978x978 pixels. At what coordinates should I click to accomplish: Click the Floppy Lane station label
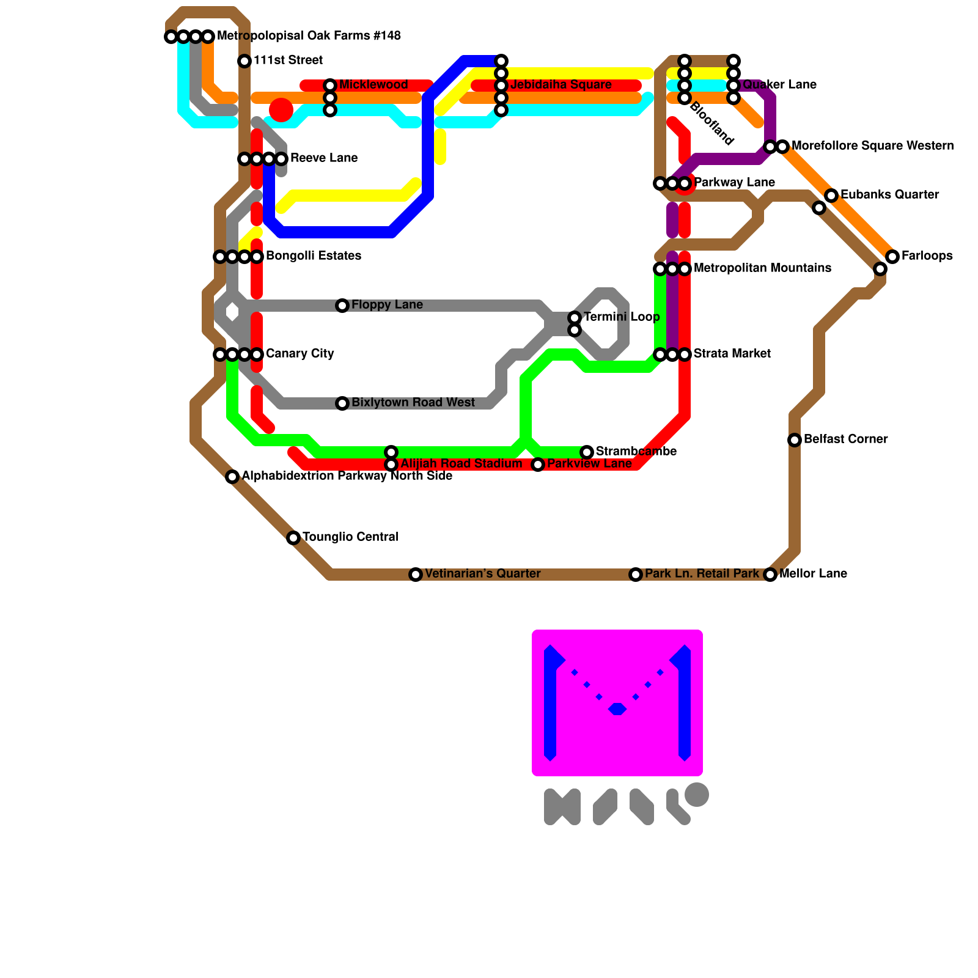click(x=387, y=305)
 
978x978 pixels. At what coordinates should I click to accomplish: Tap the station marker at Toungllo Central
click(x=293, y=538)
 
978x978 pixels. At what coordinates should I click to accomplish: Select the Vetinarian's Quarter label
click(x=482, y=574)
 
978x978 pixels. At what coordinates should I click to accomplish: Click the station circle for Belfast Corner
click(x=795, y=440)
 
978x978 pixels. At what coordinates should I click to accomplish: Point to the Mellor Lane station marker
click(x=770, y=575)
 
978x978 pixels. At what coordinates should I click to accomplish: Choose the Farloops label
click(x=927, y=256)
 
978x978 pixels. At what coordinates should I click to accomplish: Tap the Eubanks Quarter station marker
click(x=831, y=196)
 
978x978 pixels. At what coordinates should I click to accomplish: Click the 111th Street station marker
click(x=244, y=61)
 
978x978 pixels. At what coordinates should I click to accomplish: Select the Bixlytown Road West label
click(x=413, y=403)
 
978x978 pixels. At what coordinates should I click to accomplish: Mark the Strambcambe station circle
click(x=587, y=452)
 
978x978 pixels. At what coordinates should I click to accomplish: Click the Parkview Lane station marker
click(x=538, y=465)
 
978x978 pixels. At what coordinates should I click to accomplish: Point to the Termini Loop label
click(x=621, y=317)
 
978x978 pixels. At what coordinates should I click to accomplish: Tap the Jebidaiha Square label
click(x=561, y=85)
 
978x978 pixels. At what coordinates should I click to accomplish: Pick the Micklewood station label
click(x=373, y=85)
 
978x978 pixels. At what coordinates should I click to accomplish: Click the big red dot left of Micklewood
click(x=281, y=110)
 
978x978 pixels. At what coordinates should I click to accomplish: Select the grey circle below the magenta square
click(x=697, y=795)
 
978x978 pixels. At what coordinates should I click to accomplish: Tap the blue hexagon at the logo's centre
click(x=617, y=709)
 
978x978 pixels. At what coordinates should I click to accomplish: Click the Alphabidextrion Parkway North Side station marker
click(x=232, y=477)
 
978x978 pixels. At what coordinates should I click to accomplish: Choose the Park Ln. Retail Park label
click(x=702, y=574)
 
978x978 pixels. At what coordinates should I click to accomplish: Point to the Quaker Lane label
click(x=779, y=85)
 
